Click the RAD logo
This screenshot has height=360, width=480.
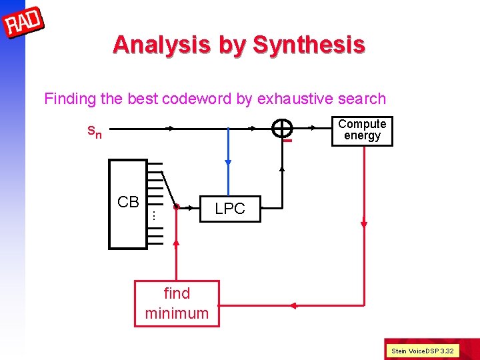click(23, 23)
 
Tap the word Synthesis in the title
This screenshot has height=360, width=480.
click(309, 45)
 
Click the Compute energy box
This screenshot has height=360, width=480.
click(362, 130)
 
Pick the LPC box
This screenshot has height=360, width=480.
click(230, 208)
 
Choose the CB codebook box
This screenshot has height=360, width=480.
click(128, 203)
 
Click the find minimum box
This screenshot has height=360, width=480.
click(177, 303)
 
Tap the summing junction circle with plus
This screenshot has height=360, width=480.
click(283, 129)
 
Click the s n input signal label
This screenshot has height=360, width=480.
click(95, 131)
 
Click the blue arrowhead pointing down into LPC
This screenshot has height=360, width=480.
click(229, 162)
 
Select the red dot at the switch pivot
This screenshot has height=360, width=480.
click(176, 207)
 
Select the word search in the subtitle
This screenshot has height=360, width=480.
click(363, 99)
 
